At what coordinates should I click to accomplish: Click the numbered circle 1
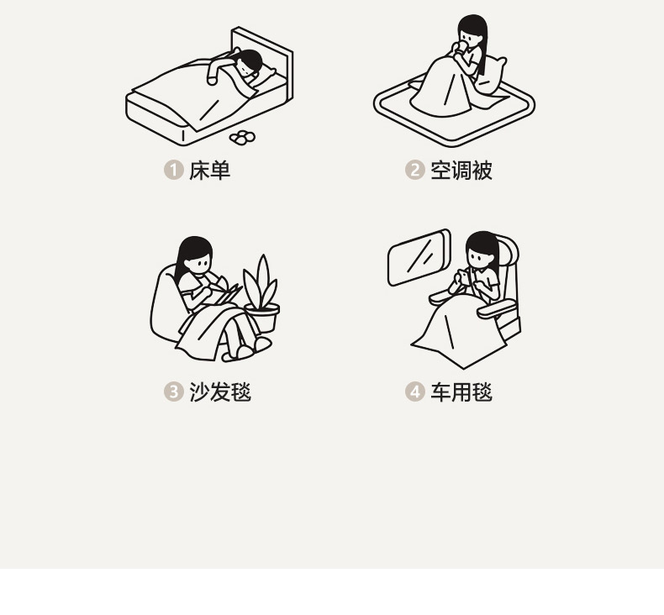pos(173,171)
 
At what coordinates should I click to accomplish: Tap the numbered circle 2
pos(414,171)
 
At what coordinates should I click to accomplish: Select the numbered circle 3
pos(173,392)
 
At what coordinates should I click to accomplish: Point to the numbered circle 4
pos(414,392)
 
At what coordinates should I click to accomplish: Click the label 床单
pos(209,171)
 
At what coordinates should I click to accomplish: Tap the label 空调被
pos(461,171)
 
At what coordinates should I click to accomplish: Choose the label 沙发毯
pos(220,392)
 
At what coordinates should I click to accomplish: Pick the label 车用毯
pos(461,392)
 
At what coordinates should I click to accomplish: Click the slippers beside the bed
pos(242,137)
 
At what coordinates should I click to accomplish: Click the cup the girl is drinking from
pos(461,45)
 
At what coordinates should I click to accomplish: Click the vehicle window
pos(419,257)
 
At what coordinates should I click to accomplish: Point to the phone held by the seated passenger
pos(465,277)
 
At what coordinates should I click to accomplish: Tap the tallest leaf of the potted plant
pos(263,279)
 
